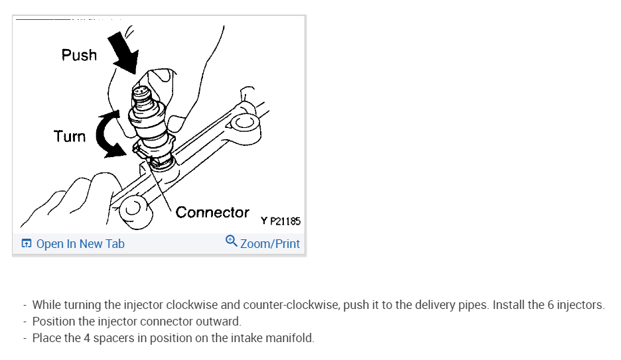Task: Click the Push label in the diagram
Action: click(79, 55)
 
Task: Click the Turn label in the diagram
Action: click(70, 137)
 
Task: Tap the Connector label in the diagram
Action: click(212, 213)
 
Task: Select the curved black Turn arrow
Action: click(108, 135)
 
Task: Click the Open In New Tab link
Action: click(80, 244)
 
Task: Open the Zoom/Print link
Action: click(269, 244)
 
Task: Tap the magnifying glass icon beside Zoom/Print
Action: click(232, 241)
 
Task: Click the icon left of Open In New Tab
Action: click(26, 244)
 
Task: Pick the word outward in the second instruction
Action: click(221, 322)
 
